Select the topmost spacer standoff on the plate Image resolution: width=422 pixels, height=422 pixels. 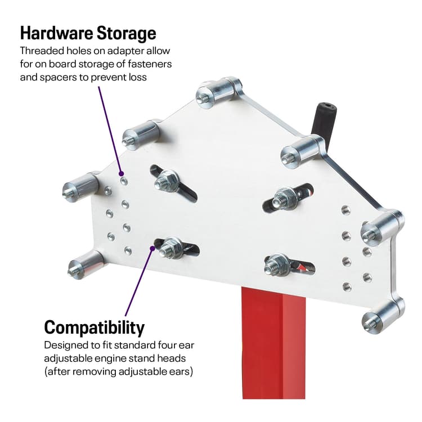pyautogui.click(x=217, y=91)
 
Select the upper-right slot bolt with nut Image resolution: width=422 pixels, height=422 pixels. pyautogui.click(x=284, y=198)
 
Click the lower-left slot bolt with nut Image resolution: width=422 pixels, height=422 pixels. pyautogui.click(x=171, y=247)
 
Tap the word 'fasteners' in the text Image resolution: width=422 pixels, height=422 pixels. pyautogui.click(x=150, y=64)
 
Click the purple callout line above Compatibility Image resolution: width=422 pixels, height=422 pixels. pyautogui.click(x=138, y=281)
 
